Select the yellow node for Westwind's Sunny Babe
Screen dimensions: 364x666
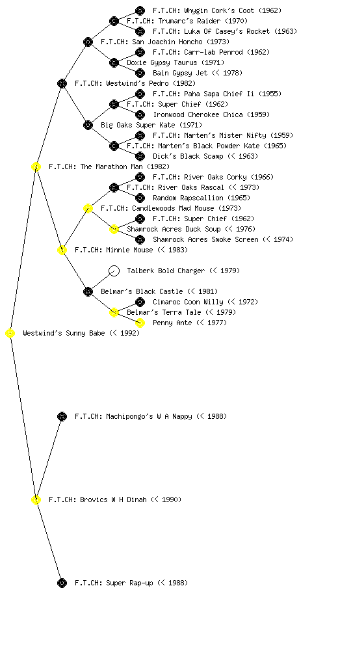(10, 333)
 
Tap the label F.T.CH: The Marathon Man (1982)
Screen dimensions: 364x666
(109, 166)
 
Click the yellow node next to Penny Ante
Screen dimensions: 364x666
(140, 323)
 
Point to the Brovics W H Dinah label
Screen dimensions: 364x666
(115, 499)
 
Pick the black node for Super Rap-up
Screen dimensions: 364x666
(62, 583)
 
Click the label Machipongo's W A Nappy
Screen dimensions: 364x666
(151, 416)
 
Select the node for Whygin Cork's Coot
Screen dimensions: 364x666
(140, 10)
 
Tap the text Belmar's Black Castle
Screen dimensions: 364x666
(159, 291)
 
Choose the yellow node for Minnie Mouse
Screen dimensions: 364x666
(62, 250)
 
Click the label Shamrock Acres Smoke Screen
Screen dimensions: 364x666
(223, 239)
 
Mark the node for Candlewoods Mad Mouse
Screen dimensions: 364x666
(88, 208)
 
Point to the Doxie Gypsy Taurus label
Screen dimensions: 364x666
(175, 62)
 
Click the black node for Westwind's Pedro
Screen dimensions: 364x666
(62, 83)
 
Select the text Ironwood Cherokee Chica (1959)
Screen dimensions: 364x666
(211, 114)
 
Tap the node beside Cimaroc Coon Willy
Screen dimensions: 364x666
(140, 302)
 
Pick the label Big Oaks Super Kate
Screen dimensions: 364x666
(151, 125)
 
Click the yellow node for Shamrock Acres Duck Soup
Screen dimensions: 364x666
(114, 229)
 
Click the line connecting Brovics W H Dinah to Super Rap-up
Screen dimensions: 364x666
(49, 541)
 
